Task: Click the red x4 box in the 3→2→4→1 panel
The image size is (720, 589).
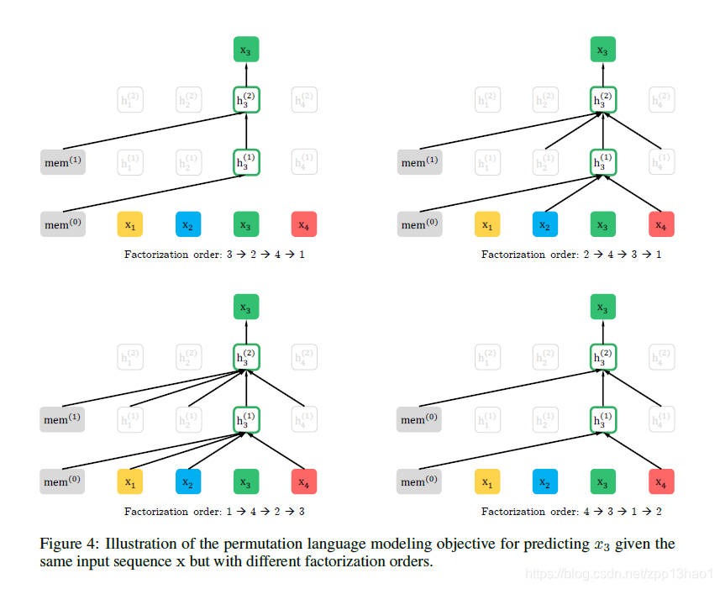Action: [304, 224]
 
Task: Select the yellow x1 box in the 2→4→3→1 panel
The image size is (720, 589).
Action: [487, 224]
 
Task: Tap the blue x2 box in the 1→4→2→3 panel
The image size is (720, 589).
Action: [188, 482]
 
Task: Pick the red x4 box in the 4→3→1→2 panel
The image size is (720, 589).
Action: [661, 482]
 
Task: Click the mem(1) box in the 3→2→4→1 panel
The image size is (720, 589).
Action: [63, 162]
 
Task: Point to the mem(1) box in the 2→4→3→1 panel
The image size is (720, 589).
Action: [420, 162]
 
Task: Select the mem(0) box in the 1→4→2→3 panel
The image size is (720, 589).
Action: [63, 482]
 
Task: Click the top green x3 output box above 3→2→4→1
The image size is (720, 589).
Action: [246, 50]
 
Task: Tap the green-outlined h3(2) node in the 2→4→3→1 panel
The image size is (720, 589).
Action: [602, 100]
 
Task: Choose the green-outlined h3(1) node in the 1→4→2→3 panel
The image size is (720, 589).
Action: [246, 418]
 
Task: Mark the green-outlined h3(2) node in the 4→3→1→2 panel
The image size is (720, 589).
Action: [602, 357]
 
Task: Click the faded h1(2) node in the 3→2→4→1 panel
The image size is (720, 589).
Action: [130, 100]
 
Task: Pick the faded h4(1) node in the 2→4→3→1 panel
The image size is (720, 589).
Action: [661, 161]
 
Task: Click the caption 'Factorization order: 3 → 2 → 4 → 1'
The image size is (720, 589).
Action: [214, 255]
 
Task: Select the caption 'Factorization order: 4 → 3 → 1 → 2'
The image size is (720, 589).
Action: [571, 512]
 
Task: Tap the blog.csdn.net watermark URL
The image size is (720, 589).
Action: [618, 573]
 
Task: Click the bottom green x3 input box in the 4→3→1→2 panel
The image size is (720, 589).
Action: [602, 482]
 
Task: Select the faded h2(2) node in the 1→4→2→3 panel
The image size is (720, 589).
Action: [188, 357]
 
